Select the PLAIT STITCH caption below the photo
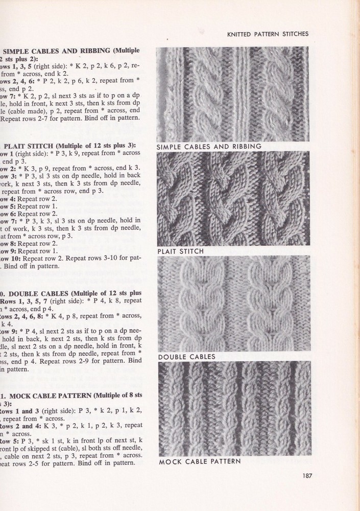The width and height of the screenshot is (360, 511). click(x=181, y=251)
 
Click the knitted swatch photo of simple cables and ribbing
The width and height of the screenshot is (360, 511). click(x=232, y=94)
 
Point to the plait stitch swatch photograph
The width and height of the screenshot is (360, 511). click(x=232, y=199)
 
